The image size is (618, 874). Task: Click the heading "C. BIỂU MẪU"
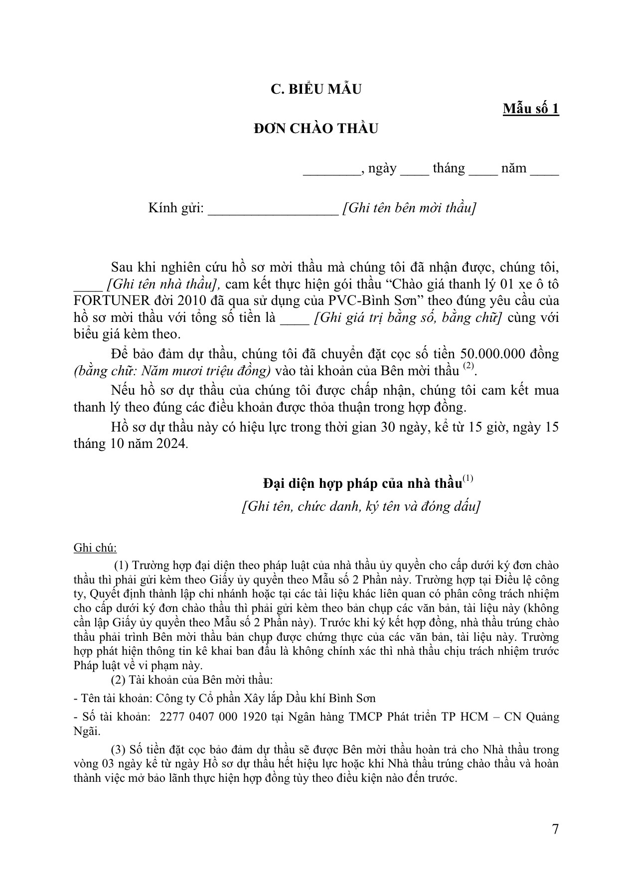click(316, 89)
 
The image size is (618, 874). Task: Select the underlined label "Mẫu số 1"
click(531, 109)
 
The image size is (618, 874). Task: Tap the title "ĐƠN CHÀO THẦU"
click(316, 129)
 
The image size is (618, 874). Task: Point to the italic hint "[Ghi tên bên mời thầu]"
click(409, 208)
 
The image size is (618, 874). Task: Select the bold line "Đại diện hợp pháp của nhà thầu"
click(362, 484)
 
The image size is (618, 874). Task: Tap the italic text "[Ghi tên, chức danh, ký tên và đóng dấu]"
click(361, 507)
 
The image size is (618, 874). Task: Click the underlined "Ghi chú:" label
click(95, 548)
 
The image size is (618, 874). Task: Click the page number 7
click(555, 829)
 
